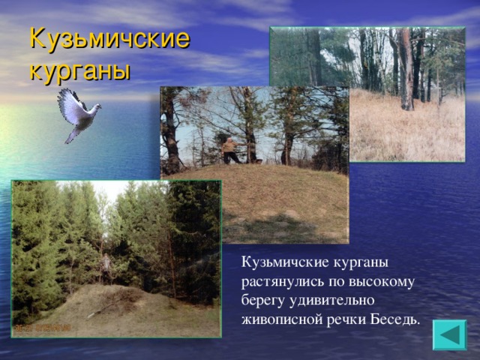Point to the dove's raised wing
[x=70, y=103]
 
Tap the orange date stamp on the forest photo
[x=42, y=328]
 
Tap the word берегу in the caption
[x=262, y=301]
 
